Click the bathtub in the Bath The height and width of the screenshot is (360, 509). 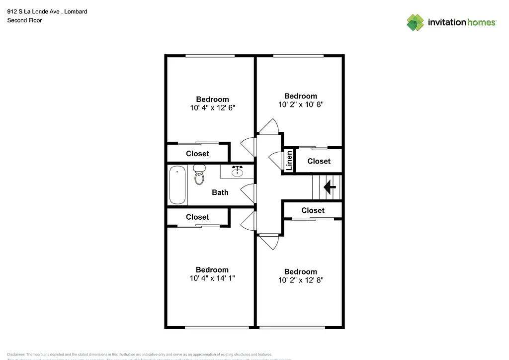click(177, 185)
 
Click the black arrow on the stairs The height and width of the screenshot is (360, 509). click(329, 187)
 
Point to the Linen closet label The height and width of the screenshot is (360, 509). click(289, 161)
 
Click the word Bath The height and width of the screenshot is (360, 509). click(220, 192)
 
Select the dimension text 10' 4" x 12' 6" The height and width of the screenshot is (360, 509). click(212, 108)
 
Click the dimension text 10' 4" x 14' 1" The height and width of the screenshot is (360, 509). click(212, 278)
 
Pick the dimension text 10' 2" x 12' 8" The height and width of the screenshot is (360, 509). click(300, 280)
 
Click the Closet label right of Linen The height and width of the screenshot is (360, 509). click(319, 161)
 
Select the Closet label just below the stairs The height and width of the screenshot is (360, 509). click(313, 210)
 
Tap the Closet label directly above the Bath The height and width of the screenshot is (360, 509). click(197, 154)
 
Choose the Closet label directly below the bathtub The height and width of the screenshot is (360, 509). click(197, 217)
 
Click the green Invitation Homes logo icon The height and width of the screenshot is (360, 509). click(415, 22)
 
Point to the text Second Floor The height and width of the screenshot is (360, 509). click(24, 20)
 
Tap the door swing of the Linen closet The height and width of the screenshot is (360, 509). click(274, 160)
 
